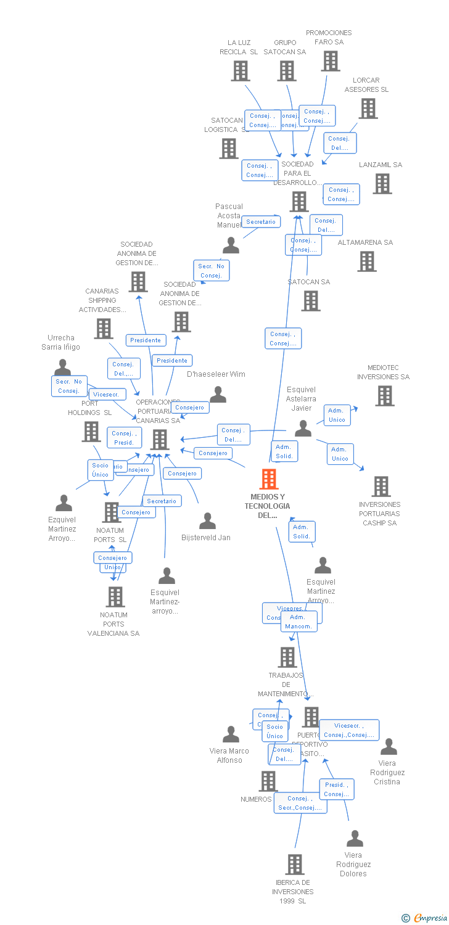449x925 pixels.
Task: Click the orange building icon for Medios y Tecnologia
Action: [x=268, y=479]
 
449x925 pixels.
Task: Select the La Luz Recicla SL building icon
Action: [x=241, y=71]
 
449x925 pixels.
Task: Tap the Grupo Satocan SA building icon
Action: [x=287, y=71]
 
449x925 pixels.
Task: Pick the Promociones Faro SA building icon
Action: [x=331, y=61]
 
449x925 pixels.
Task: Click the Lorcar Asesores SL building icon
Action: [x=368, y=109]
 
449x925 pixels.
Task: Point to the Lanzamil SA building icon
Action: [x=382, y=184]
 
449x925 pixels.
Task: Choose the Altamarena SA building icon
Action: [x=367, y=261]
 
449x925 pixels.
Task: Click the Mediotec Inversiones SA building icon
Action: [x=384, y=396]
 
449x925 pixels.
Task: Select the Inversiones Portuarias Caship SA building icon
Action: [x=381, y=487]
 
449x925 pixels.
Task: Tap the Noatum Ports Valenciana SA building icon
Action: [x=115, y=597]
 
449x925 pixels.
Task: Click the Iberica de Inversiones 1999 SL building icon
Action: [x=295, y=865]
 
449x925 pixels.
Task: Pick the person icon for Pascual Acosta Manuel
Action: [x=231, y=245]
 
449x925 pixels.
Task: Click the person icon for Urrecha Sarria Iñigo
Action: [x=62, y=368]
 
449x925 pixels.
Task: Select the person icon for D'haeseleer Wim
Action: [x=218, y=395]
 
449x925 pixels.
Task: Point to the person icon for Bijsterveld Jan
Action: [x=207, y=522]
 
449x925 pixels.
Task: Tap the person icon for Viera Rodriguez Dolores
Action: [x=355, y=839]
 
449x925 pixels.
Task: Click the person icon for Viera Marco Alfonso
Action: [x=231, y=734]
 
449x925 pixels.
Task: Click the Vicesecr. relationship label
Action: [x=108, y=394]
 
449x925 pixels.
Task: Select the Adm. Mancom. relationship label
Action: [x=300, y=622]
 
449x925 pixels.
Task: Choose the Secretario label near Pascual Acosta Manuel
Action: [x=261, y=221]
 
